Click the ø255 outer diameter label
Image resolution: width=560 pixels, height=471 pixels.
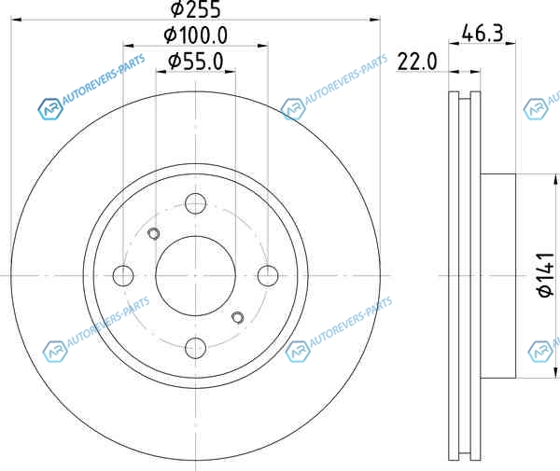[x=195, y=9]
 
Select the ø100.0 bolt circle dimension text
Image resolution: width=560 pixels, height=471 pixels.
[x=195, y=35]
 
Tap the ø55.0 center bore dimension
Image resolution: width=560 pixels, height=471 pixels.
[x=196, y=61]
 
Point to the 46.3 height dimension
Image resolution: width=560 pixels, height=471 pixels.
[x=483, y=33]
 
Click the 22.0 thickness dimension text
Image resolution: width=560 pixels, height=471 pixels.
[x=417, y=62]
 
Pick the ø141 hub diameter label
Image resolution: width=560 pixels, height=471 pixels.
[x=546, y=275]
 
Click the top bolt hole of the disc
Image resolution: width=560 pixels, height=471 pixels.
[x=196, y=203]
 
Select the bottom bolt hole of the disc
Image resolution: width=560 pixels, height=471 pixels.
[x=196, y=348]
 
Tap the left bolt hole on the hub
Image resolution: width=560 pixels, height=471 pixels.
[x=123, y=276]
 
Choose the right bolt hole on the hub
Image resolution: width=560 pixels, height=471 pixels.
[x=268, y=276]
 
